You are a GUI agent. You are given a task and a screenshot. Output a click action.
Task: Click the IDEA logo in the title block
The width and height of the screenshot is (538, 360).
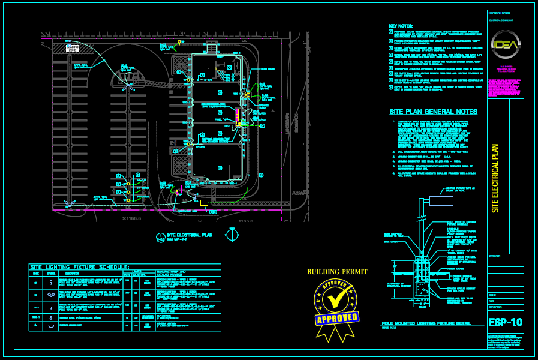click(x=506, y=43)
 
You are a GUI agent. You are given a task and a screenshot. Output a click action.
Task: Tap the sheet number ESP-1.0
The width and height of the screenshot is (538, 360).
click(x=506, y=322)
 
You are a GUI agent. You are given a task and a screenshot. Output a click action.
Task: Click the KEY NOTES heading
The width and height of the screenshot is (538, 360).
click(x=401, y=26)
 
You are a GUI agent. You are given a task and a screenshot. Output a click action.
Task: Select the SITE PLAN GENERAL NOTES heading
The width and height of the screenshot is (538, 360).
click(x=433, y=112)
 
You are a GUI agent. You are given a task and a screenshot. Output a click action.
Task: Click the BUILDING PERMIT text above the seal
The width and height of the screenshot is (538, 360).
click(x=337, y=272)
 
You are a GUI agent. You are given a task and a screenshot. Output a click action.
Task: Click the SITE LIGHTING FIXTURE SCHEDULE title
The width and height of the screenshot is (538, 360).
click(x=80, y=267)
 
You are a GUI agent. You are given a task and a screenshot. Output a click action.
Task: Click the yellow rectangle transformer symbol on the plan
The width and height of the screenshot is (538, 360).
click(x=204, y=203)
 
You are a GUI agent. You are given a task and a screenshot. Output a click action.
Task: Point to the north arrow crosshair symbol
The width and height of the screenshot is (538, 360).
click(x=232, y=235)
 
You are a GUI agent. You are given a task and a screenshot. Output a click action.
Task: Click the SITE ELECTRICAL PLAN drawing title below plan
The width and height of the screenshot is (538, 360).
click(x=190, y=235)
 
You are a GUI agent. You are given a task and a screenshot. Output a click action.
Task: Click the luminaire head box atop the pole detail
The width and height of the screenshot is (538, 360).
click(x=441, y=201)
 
